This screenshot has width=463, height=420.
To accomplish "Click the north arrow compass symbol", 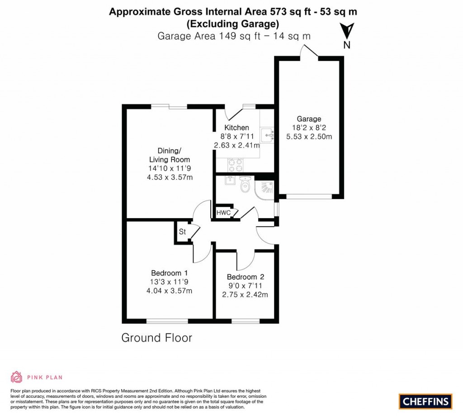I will [x=347, y=31].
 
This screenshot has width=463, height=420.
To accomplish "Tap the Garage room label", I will [x=309, y=119].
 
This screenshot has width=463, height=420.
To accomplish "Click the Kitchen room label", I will [x=236, y=128].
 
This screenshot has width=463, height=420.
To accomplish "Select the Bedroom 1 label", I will [x=169, y=273].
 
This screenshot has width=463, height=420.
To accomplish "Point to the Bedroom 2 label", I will [x=245, y=277].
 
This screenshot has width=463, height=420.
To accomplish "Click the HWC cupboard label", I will [x=223, y=213].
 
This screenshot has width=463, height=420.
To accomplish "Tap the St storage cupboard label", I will [x=183, y=232].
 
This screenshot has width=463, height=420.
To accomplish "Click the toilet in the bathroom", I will [x=246, y=184].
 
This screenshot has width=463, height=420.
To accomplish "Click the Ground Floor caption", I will [x=156, y=338].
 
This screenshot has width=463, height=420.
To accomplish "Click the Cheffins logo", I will [x=425, y=401].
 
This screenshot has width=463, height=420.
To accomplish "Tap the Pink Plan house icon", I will [x=16, y=377].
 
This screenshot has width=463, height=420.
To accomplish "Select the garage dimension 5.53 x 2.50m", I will [x=309, y=136].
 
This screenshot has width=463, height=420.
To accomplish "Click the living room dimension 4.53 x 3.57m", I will [x=170, y=177].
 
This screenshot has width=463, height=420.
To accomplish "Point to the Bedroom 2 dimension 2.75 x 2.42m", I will [x=245, y=294].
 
